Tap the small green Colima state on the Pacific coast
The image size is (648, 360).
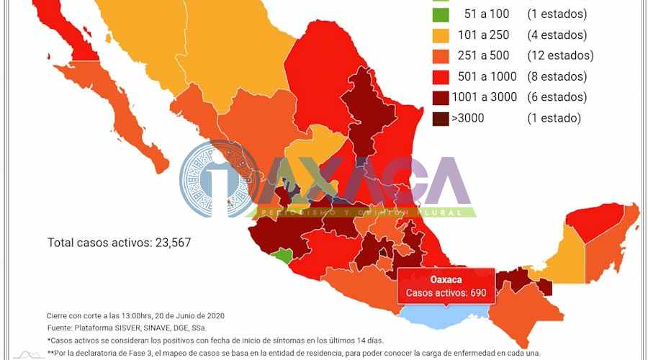282,256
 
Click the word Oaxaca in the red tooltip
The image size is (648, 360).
446,279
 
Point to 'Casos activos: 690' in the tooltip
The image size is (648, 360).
446,293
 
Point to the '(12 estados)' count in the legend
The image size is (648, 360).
560,55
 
